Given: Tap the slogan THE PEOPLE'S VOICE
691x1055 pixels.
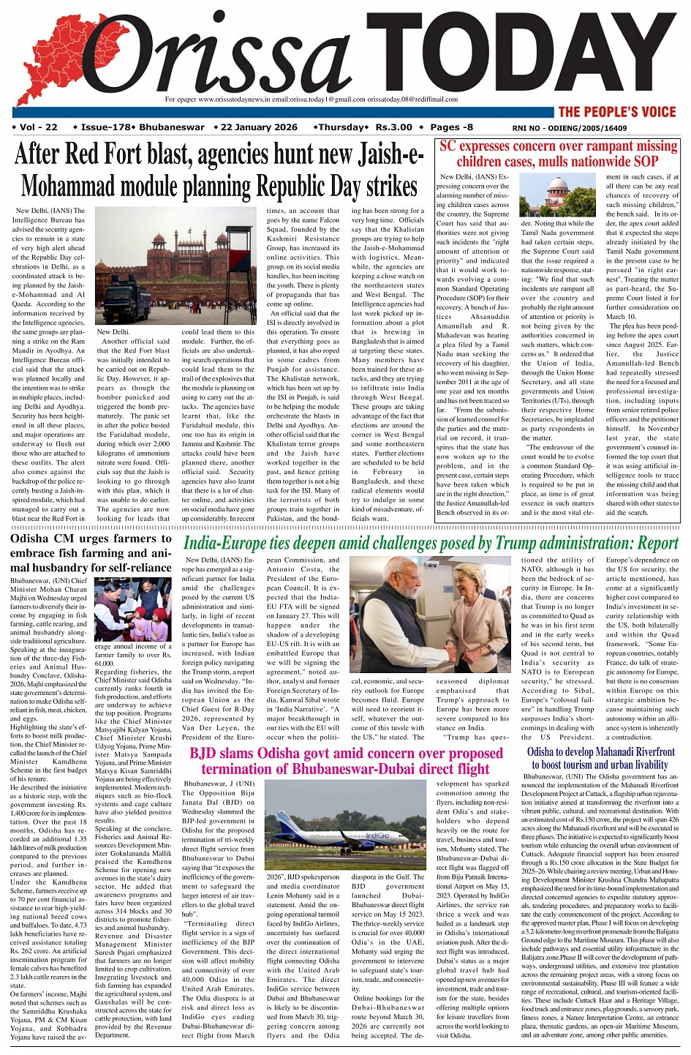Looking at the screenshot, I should (x=617, y=112).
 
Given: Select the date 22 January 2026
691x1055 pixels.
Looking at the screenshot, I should (x=258, y=127).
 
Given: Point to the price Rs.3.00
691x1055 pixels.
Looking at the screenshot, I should (x=394, y=127).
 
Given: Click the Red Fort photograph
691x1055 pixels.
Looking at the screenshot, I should (x=175, y=266).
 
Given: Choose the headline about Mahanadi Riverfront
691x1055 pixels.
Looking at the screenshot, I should (x=600, y=758).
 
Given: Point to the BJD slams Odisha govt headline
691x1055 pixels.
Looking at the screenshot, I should (x=346, y=761).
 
